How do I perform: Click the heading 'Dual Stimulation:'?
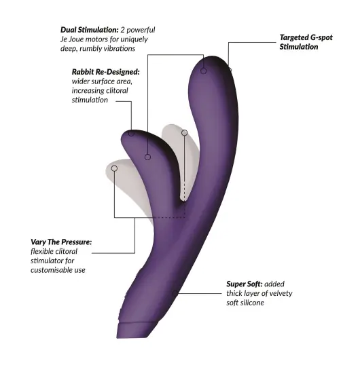pyautogui.click(x=90, y=30)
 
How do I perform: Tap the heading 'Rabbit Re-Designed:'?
pyautogui.click(x=106, y=72)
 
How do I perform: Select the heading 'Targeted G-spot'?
pyautogui.click(x=306, y=37)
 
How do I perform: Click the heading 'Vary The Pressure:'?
pyautogui.click(x=61, y=242)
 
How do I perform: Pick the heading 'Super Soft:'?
pyautogui.click(x=245, y=284)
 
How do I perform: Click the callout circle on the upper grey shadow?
pyautogui.click(x=184, y=132)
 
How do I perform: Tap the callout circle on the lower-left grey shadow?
pyautogui.click(x=114, y=168)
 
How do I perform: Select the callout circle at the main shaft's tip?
pyautogui.click(x=204, y=71)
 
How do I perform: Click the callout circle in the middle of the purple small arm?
pyautogui.click(x=147, y=157)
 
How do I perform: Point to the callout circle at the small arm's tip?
pyautogui.click(x=131, y=133)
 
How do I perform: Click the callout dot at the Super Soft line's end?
pyautogui.click(x=175, y=293)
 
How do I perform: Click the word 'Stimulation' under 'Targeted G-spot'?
pyautogui.click(x=299, y=47)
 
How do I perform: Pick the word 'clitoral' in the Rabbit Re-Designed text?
pyautogui.click(x=115, y=91)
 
